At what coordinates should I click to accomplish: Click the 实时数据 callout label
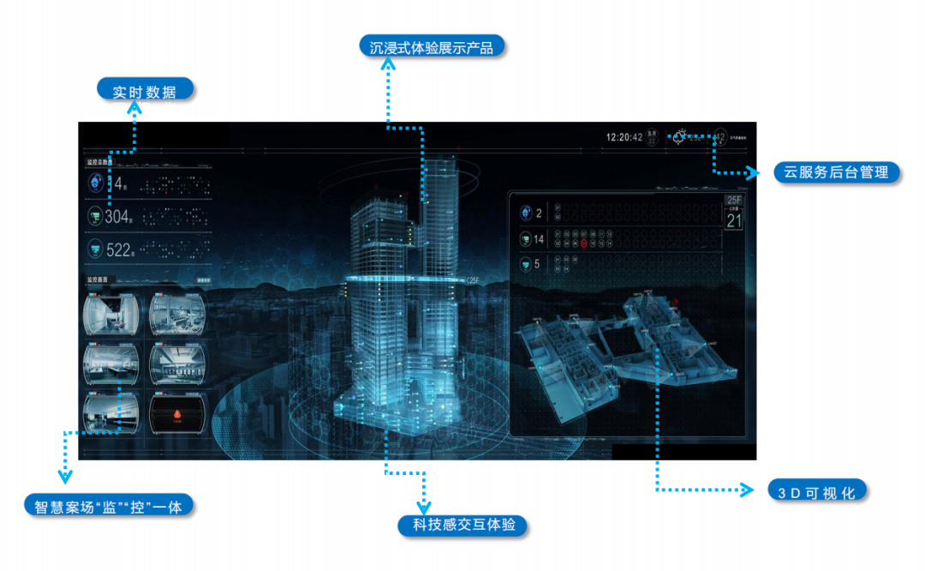click(145, 90)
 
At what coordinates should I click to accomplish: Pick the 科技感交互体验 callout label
click(463, 524)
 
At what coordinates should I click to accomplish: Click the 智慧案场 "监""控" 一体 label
click(108, 505)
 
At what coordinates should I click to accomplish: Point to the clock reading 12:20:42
click(624, 137)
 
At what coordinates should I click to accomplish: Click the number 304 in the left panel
click(116, 217)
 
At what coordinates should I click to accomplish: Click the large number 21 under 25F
click(734, 220)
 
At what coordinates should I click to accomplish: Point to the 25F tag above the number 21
click(734, 200)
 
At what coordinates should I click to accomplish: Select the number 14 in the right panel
click(539, 239)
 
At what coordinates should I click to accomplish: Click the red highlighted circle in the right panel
click(583, 243)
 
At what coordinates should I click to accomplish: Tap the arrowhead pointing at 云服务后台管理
click(755, 172)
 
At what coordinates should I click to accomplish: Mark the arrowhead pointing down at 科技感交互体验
click(423, 508)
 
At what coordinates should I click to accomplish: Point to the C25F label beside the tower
click(473, 280)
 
